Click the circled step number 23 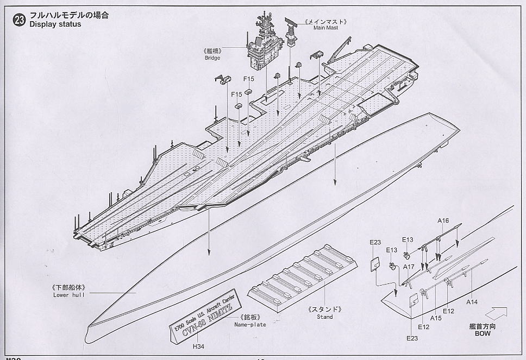21,20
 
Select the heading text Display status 55,24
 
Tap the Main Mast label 325,27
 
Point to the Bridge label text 211,58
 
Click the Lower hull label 67,295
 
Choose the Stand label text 325,317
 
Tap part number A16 443,220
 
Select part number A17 409,267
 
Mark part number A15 436,318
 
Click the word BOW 482,334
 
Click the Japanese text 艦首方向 482,327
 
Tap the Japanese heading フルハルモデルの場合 68,15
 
